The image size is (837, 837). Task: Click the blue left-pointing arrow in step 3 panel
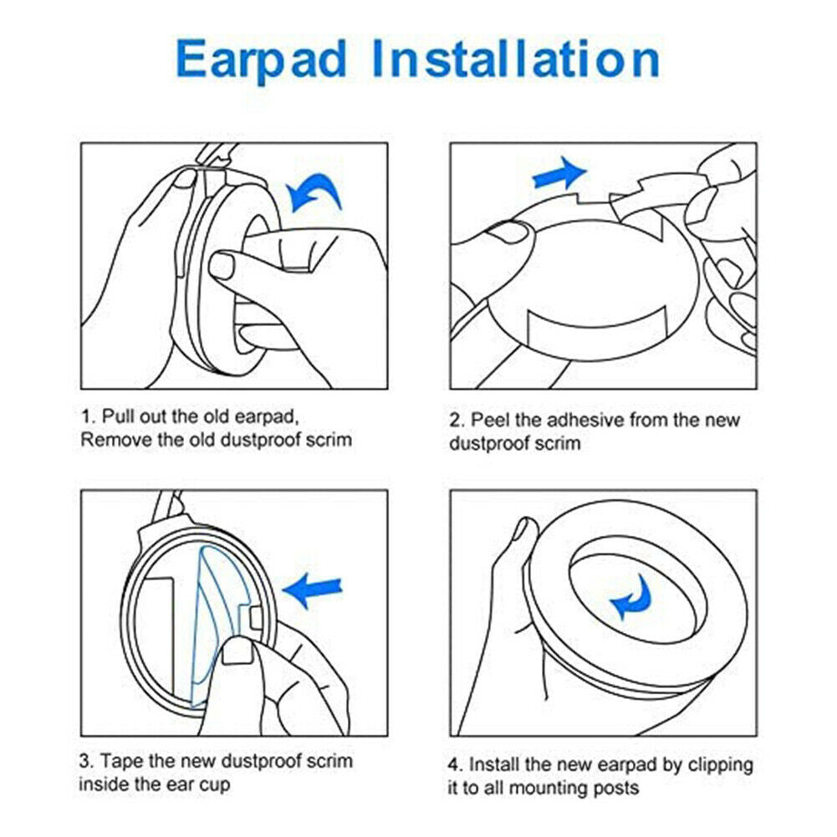pos(312,589)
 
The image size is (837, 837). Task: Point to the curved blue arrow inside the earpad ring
pos(632,595)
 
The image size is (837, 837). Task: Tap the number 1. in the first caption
pos(87,416)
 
